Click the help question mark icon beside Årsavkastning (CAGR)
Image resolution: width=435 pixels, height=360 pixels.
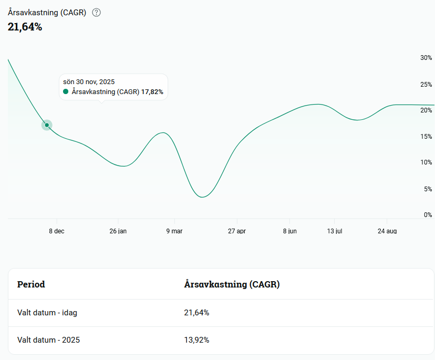pyautogui.click(x=96, y=13)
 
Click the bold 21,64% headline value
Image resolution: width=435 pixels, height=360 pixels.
pyautogui.click(x=25, y=27)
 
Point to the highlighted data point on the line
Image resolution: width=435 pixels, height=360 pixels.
pyautogui.click(x=47, y=125)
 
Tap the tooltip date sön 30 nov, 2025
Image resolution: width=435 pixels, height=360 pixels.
pyautogui.click(x=89, y=82)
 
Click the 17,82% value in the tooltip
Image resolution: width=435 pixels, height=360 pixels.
pyautogui.click(x=152, y=92)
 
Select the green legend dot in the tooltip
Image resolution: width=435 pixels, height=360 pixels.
pyautogui.click(x=66, y=91)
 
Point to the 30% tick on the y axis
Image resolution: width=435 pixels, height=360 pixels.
pyautogui.click(x=426, y=58)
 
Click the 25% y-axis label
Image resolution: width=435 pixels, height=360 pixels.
pyautogui.click(x=426, y=85)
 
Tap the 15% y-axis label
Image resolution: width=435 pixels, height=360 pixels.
pyautogui.click(x=426, y=137)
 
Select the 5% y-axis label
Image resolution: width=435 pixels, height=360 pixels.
pyautogui.click(x=428, y=189)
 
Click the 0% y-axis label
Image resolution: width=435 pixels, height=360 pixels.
pyautogui.click(x=428, y=215)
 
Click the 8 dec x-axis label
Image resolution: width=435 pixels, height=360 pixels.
pyautogui.click(x=57, y=231)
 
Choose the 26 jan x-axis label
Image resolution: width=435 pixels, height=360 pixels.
pyautogui.click(x=118, y=231)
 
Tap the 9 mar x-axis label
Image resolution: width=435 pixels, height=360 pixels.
pyautogui.click(x=174, y=231)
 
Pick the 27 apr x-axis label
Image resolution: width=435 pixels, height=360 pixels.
pyautogui.click(x=237, y=231)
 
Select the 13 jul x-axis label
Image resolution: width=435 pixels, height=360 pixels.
pyautogui.click(x=335, y=231)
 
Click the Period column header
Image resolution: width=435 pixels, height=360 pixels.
pyautogui.click(x=31, y=284)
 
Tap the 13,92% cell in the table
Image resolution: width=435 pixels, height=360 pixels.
pyautogui.click(x=196, y=340)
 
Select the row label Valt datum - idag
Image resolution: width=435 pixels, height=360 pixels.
pyautogui.click(x=47, y=313)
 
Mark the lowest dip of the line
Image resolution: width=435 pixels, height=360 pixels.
pyautogui.click(x=202, y=197)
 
